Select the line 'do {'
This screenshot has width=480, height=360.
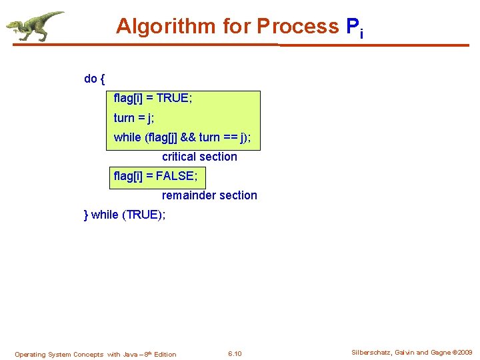coord(94,79)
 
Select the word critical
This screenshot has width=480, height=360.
coord(180,157)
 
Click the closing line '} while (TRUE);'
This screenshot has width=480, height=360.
coord(125,215)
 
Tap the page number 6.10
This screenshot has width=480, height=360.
coord(235,354)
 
